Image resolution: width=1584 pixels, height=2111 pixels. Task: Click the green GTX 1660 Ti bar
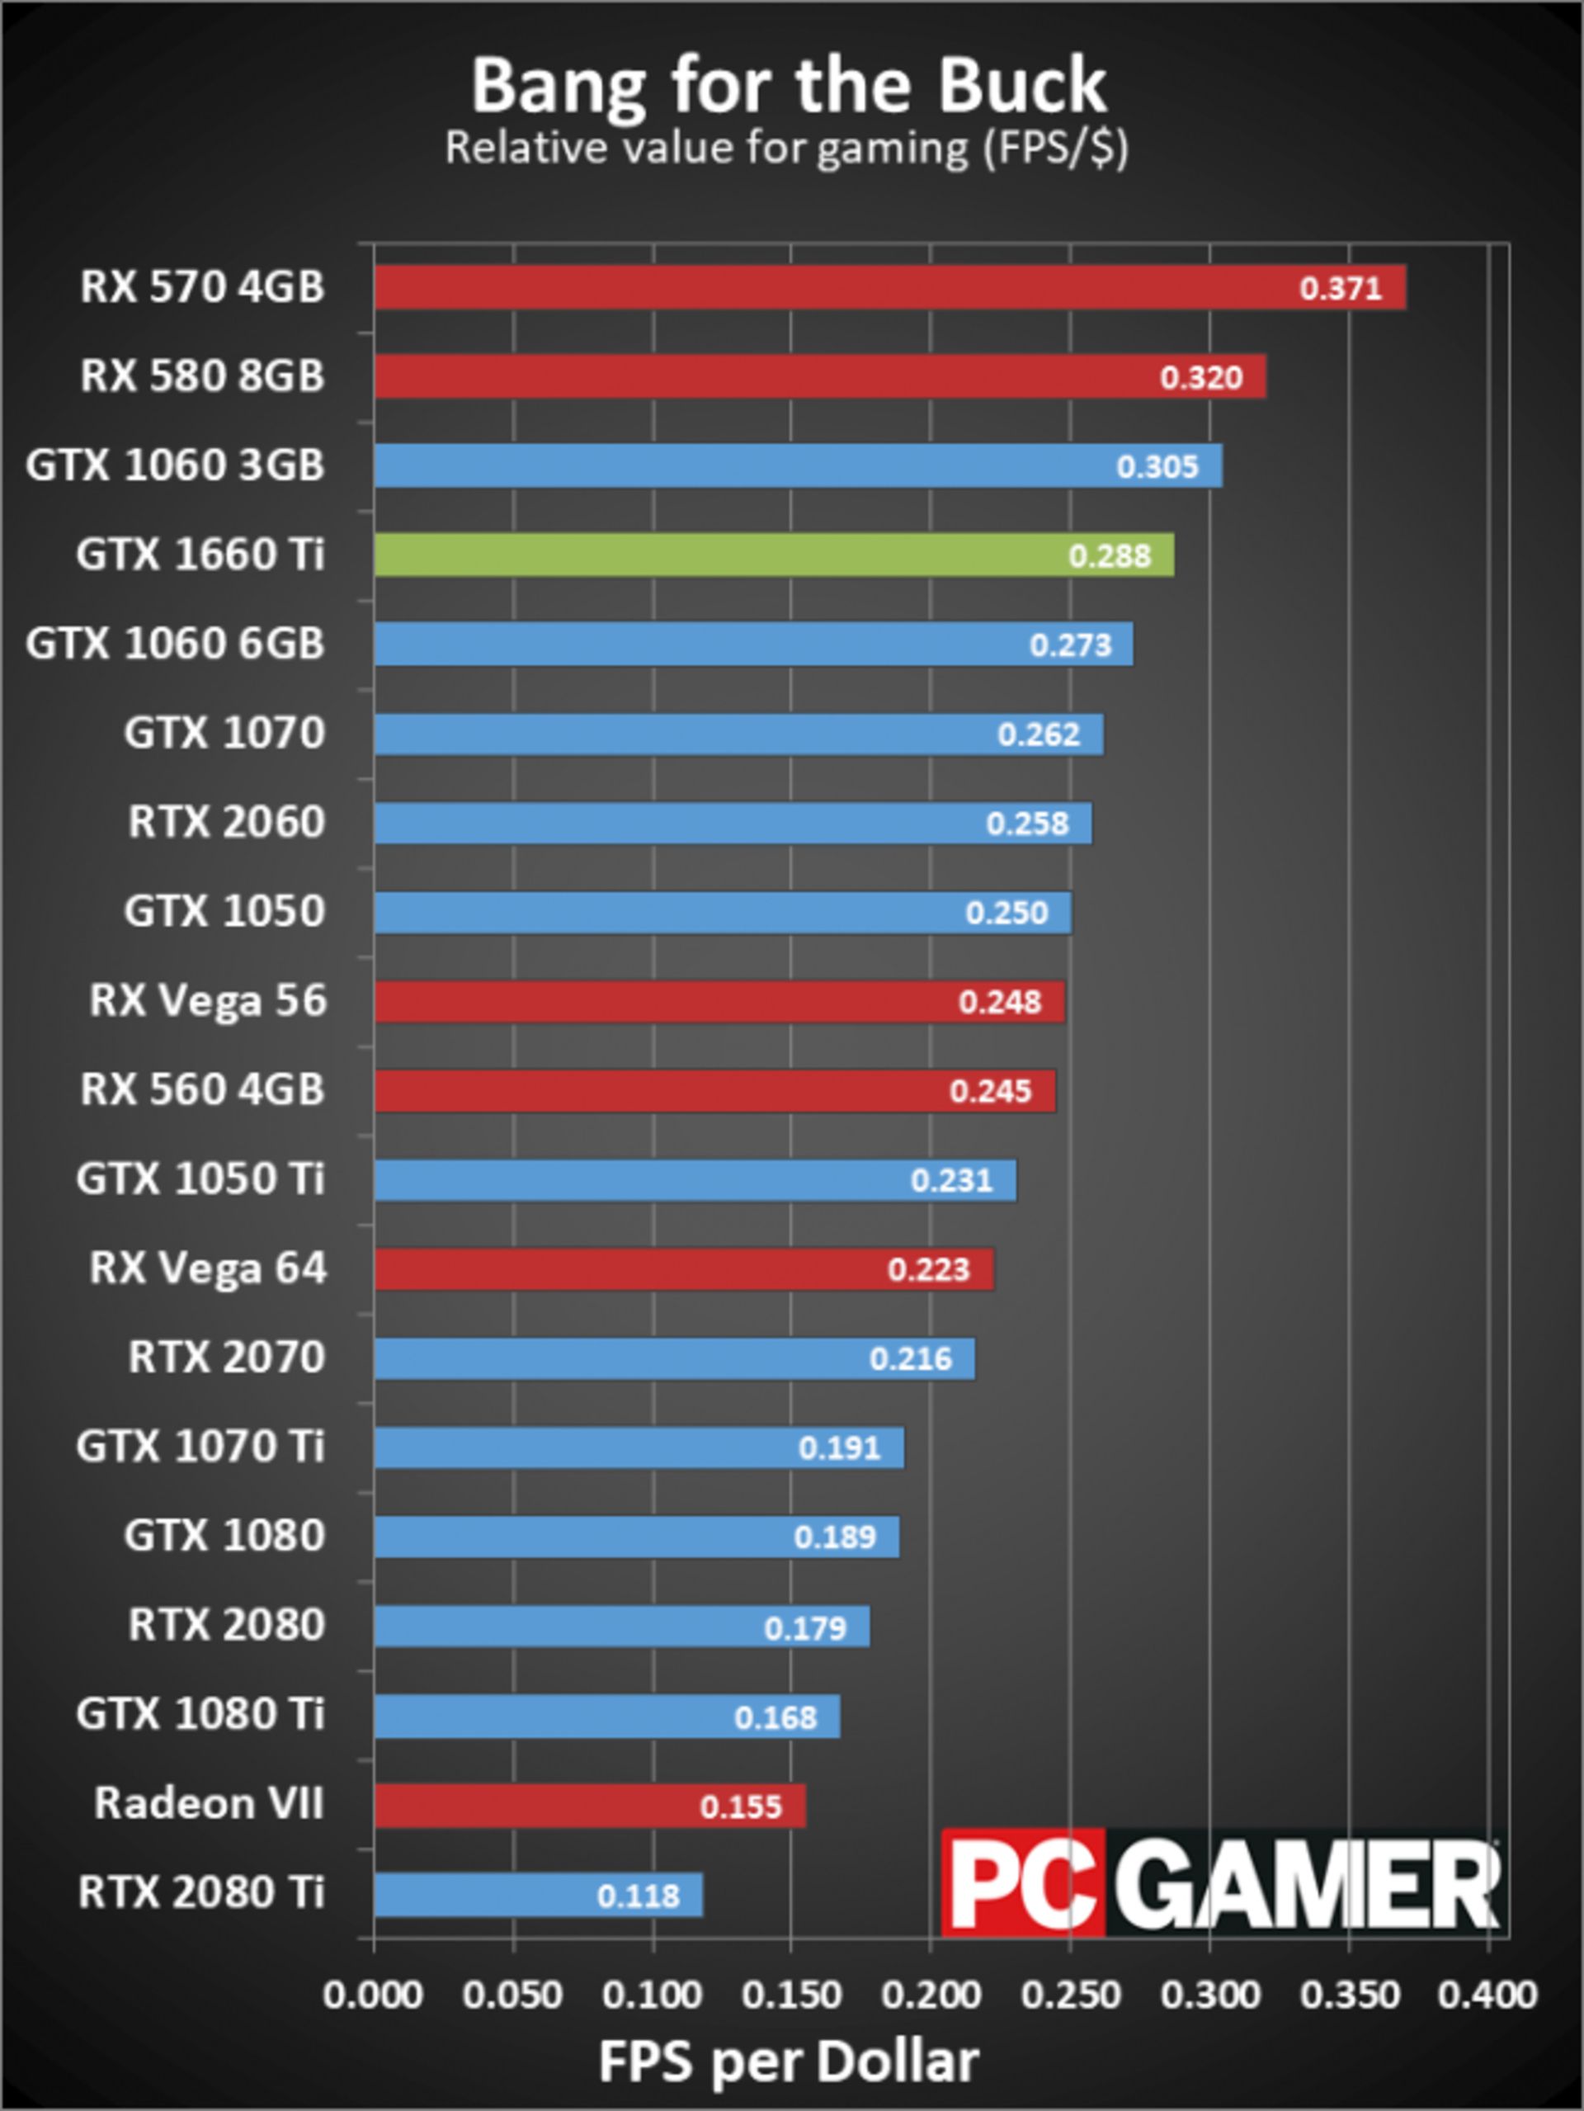[773, 555]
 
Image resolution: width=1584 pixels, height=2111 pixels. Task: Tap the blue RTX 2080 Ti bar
[537, 1894]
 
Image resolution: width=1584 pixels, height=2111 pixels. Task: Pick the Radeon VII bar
[589, 1806]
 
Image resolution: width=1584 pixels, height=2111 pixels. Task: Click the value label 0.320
[1200, 378]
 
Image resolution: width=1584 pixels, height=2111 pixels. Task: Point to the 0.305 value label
[1157, 466]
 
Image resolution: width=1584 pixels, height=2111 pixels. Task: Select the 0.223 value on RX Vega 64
[927, 1269]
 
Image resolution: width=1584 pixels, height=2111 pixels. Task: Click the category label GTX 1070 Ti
[200, 1446]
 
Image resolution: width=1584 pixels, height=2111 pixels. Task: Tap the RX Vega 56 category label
[208, 1001]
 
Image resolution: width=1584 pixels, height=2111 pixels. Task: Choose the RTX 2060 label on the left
[226, 822]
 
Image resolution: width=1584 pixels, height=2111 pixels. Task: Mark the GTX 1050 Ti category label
[200, 1178]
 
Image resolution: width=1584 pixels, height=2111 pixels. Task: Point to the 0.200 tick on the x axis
[930, 1995]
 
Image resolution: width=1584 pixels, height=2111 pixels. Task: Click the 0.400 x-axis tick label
[1487, 1995]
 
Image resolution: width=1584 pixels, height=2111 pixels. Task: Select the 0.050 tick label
[512, 1995]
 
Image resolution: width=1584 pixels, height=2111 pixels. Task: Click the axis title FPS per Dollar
[788, 2061]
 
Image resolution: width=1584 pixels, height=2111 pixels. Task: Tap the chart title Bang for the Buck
[788, 86]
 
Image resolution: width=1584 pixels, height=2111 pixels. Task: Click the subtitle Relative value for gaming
[786, 148]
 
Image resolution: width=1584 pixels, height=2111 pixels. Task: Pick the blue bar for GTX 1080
[635, 1537]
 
